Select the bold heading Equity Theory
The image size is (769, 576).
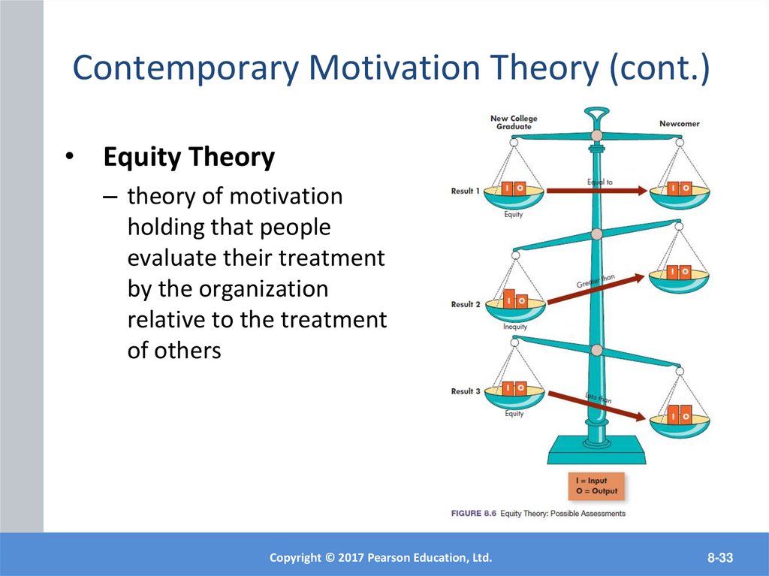coord(188,158)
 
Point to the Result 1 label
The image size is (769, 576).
coord(466,191)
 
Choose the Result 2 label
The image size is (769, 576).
coord(466,304)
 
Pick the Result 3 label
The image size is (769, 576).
coord(466,391)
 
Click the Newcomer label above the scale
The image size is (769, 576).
coord(680,123)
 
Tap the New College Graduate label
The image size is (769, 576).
coord(514,122)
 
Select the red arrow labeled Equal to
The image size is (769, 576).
coord(596,191)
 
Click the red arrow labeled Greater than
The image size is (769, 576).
coord(595,290)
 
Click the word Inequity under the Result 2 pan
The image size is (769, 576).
coord(515,327)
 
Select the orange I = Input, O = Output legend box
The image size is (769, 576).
coord(596,486)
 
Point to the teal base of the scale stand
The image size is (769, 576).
coord(596,451)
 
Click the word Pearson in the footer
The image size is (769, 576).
coord(389,557)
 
